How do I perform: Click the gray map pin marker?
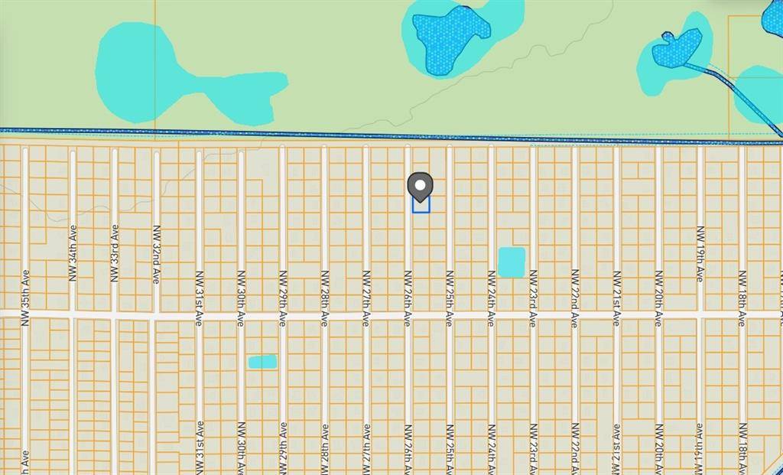(x=420, y=185)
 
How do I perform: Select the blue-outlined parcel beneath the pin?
(x=421, y=205)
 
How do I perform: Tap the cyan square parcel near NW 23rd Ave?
(x=512, y=262)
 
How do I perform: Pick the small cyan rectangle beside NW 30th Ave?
(x=262, y=362)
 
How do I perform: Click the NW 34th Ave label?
(x=73, y=252)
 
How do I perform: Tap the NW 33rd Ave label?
(x=115, y=252)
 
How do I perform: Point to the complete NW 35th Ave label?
(x=25, y=298)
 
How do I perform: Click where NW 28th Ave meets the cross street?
(x=324, y=314)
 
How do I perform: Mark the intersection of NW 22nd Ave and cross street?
(x=575, y=314)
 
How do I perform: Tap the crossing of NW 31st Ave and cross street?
(x=199, y=314)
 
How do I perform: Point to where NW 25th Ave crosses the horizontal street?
(x=450, y=314)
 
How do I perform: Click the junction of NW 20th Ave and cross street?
(x=658, y=314)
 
